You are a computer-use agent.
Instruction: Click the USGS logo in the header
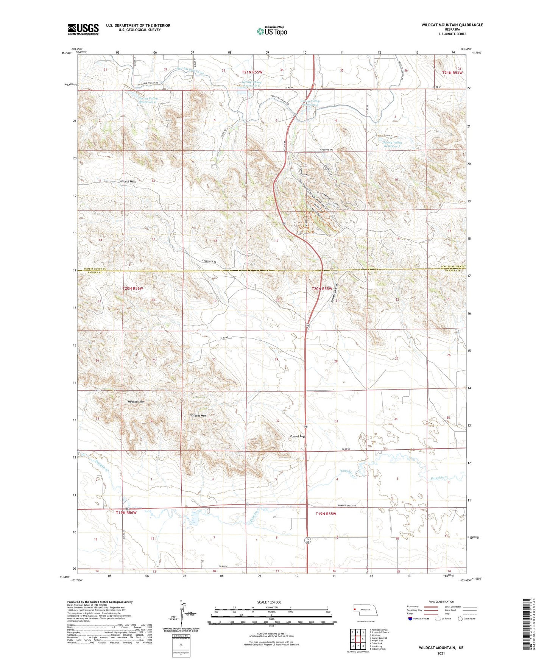(x=83, y=29)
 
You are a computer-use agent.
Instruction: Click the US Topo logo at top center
(x=272, y=31)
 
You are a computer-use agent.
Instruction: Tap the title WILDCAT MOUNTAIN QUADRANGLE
(x=452, y=25)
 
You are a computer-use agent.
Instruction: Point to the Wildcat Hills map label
(x=127, y=182)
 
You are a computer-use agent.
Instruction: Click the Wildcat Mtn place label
(x=198, y=416)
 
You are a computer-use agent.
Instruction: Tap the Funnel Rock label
(x=297, y=436)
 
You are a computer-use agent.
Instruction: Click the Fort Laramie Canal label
(x=190, y=70)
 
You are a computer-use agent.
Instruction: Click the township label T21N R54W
(x=452, y=72)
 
